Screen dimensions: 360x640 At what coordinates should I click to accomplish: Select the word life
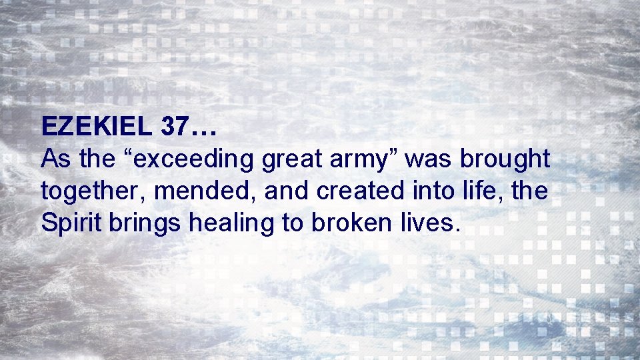[x=488, y=191]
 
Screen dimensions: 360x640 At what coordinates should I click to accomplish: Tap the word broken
[x=353, y=223]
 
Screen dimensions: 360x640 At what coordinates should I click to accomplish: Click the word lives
[x=431, y=223]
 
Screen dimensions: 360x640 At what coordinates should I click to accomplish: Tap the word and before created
[x=288, y=191]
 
